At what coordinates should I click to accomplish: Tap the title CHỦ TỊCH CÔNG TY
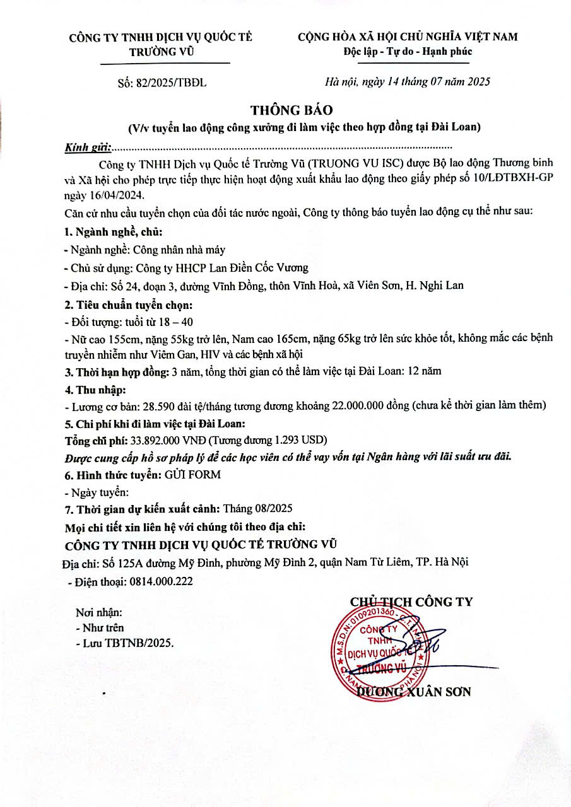(x=411, y=602)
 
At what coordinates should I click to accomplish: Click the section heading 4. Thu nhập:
(x=96, y=389)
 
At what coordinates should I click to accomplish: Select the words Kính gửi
(x=87, y=148)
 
